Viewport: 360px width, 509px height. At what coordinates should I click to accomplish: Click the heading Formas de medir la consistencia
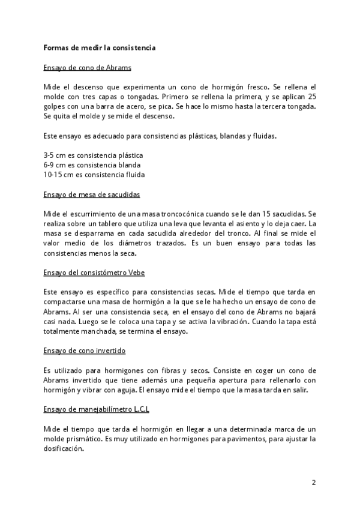point(99,47)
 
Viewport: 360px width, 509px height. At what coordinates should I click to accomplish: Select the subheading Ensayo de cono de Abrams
point(88,67)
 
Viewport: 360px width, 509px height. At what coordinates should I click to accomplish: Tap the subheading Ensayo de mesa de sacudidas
point(92,194)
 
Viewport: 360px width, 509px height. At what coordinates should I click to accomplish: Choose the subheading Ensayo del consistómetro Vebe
point(94,272)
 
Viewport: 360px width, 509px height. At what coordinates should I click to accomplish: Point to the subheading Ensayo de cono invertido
point(85,350)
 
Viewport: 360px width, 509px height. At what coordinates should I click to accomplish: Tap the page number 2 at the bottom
point(313,482)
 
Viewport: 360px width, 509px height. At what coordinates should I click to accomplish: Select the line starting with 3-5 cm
point(93,155)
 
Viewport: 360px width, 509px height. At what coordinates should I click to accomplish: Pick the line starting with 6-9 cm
point(92,164)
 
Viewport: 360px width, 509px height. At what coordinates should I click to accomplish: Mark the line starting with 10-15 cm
point(94,175)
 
